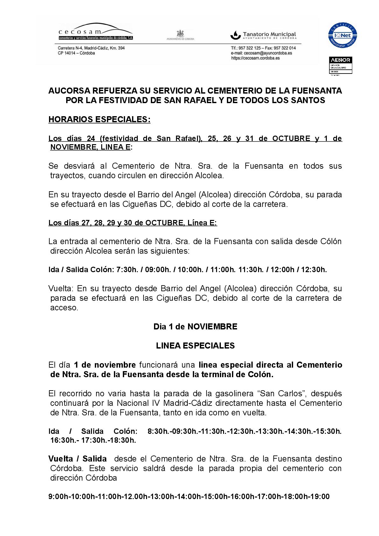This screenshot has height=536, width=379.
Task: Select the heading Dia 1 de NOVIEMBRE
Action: pyautogui.click(x=195, y=327)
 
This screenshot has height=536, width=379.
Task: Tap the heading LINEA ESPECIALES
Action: pyautogui.click(x=195, y=346)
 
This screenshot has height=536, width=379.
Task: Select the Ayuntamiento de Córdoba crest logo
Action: pyautogui.click(x=180, y=34)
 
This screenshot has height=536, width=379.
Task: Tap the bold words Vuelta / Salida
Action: pyautogui.click(x=77, y=459)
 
